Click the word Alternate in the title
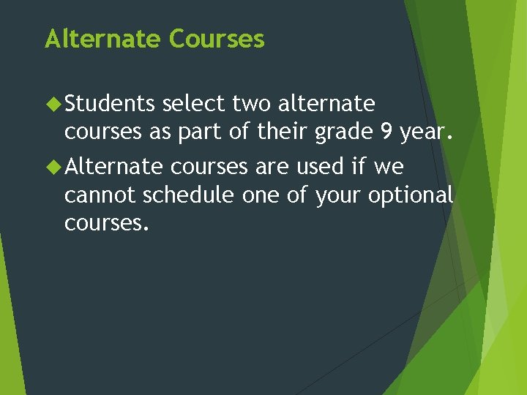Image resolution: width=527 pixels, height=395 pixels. pos(103,39)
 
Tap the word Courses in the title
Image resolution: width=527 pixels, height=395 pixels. pos(217,39)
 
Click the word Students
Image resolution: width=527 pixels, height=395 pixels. pos(110,105)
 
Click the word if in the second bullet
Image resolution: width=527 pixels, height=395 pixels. pos(358,167)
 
